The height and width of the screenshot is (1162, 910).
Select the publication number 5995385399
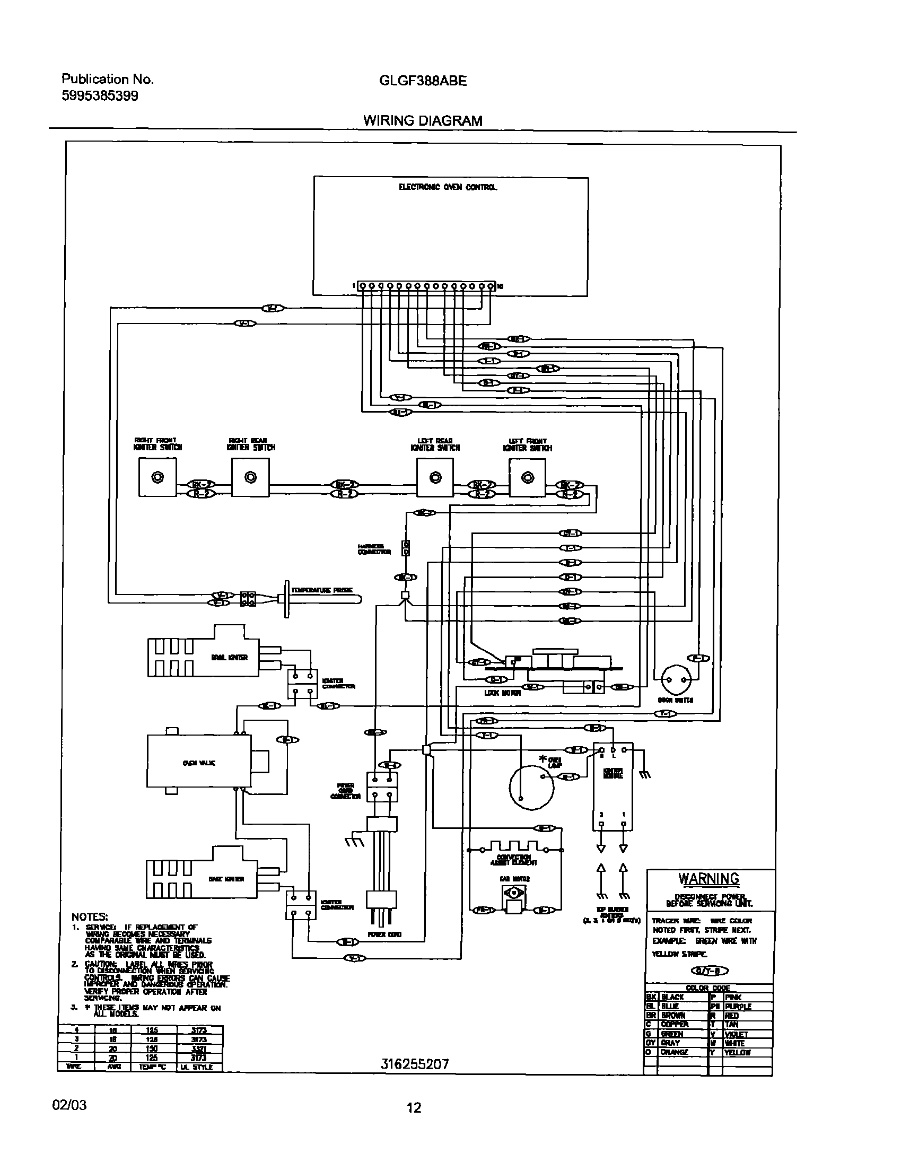100,96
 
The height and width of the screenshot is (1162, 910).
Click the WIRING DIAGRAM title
423,121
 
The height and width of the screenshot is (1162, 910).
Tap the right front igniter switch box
157,477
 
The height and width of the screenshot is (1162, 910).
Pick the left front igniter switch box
527,477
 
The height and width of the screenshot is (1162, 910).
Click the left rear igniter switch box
435,477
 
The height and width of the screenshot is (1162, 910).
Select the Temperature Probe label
321,590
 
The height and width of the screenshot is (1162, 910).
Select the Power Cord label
384,934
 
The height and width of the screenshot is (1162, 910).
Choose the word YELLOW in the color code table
737,1052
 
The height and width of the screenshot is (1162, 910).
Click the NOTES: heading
90,916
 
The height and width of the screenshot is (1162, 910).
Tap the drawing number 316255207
415,1063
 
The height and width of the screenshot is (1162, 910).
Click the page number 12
414,1108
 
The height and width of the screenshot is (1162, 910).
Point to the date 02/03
69,1105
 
